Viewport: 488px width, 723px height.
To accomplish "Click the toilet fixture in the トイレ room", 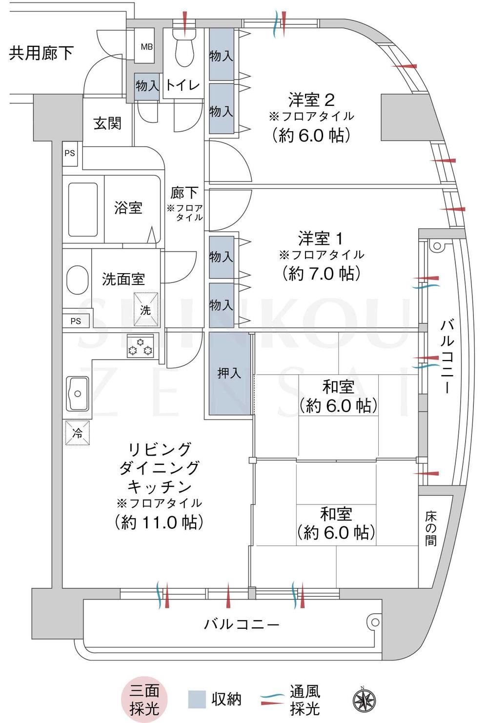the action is point(184,47).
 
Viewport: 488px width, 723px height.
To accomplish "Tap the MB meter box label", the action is point(146,47).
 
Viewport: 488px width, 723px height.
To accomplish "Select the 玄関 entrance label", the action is point(107,123).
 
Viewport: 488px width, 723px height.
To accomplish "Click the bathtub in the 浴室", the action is point(83,210).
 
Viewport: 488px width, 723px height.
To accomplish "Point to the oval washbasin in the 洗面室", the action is point(78,280).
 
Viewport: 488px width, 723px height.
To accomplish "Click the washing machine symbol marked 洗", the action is point(146,309).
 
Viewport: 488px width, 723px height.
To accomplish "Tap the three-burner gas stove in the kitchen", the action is point(140,346).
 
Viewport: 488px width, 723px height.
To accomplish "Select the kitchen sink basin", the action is point(78,393).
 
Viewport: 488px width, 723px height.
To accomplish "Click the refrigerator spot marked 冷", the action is point(78,433).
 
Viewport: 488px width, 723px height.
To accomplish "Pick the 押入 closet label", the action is point(229,373).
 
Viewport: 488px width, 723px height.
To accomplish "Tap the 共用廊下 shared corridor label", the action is point(41,53).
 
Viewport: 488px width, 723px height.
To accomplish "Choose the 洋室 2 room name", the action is point(311,100).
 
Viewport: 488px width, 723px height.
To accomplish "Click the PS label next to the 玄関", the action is point(70,153).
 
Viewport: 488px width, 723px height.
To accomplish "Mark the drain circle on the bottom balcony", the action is point(375,622).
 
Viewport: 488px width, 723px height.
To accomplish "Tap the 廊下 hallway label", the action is point(184,193).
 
